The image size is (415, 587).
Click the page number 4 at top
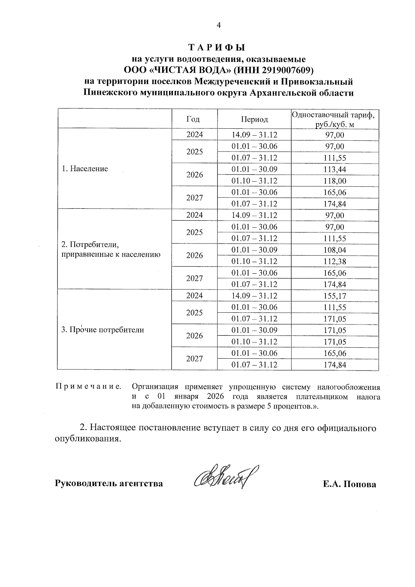point(218,25)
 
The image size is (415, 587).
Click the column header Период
point(255,119)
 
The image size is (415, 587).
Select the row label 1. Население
point(85,169)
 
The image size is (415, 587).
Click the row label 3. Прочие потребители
point(102,330)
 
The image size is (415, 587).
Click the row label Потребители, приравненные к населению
point(111,250)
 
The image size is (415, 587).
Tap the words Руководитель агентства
point(109,484)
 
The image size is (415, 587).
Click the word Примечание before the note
point(88,387)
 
